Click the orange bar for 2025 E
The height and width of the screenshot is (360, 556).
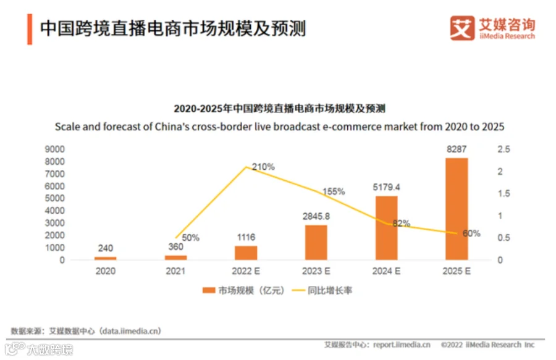[457, 209]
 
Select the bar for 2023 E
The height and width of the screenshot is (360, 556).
[316, 242]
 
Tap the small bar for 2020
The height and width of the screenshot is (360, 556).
[105, 258]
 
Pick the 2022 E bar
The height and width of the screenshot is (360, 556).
[246, 253]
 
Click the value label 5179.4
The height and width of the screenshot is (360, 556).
[386, 187]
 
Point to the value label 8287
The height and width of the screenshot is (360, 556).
[457, 149]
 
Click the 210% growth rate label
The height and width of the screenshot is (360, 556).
[263, 167]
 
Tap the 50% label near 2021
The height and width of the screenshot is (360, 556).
[190, 237]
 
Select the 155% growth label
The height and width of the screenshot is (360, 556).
[334, 191]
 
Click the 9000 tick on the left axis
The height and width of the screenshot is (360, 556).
[54, 149]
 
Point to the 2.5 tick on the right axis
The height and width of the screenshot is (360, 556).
[503, 149]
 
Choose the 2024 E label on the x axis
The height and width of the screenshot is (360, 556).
[386, 271]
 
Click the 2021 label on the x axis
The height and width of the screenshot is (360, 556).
[175, 271]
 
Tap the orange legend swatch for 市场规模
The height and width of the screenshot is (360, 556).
[209, 290]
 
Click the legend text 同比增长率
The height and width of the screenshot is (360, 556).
[330, 291]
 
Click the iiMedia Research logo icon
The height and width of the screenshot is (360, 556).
[462, 28]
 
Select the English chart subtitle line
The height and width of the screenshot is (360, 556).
[279, 127]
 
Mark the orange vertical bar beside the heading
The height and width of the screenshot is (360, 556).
[30, 30]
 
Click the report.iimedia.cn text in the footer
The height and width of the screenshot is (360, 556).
[402, 345]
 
